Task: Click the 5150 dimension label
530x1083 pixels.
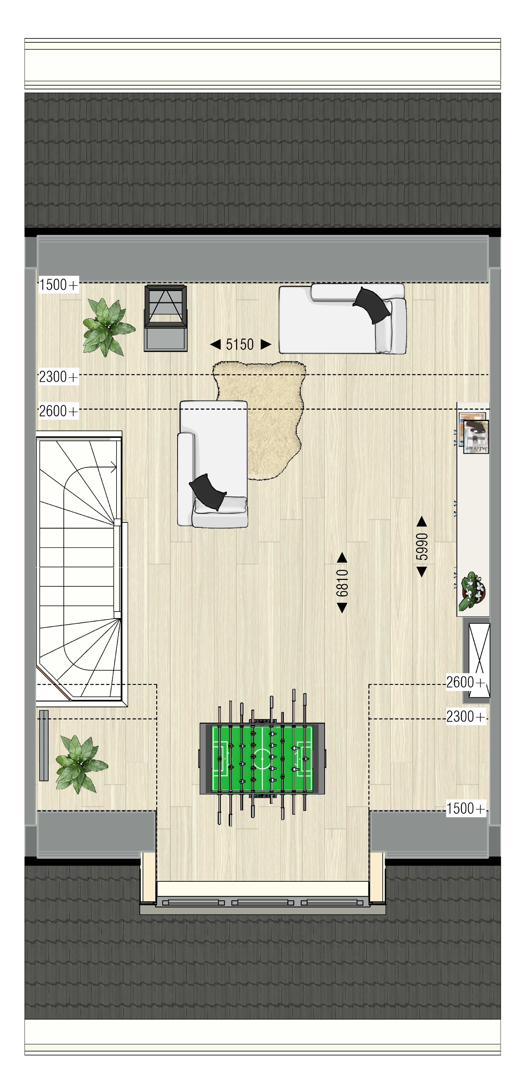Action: pyautogui.click(x=240, y=345)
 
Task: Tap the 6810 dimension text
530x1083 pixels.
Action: pyautogui.click(x=342, y=583)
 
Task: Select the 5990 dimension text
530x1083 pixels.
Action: pyautogui.click(x=422, y=547)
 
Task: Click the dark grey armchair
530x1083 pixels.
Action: pyautogui.click(x=166, y=318)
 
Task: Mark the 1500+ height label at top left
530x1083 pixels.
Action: pyautogui.click(x=59, y=285)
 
